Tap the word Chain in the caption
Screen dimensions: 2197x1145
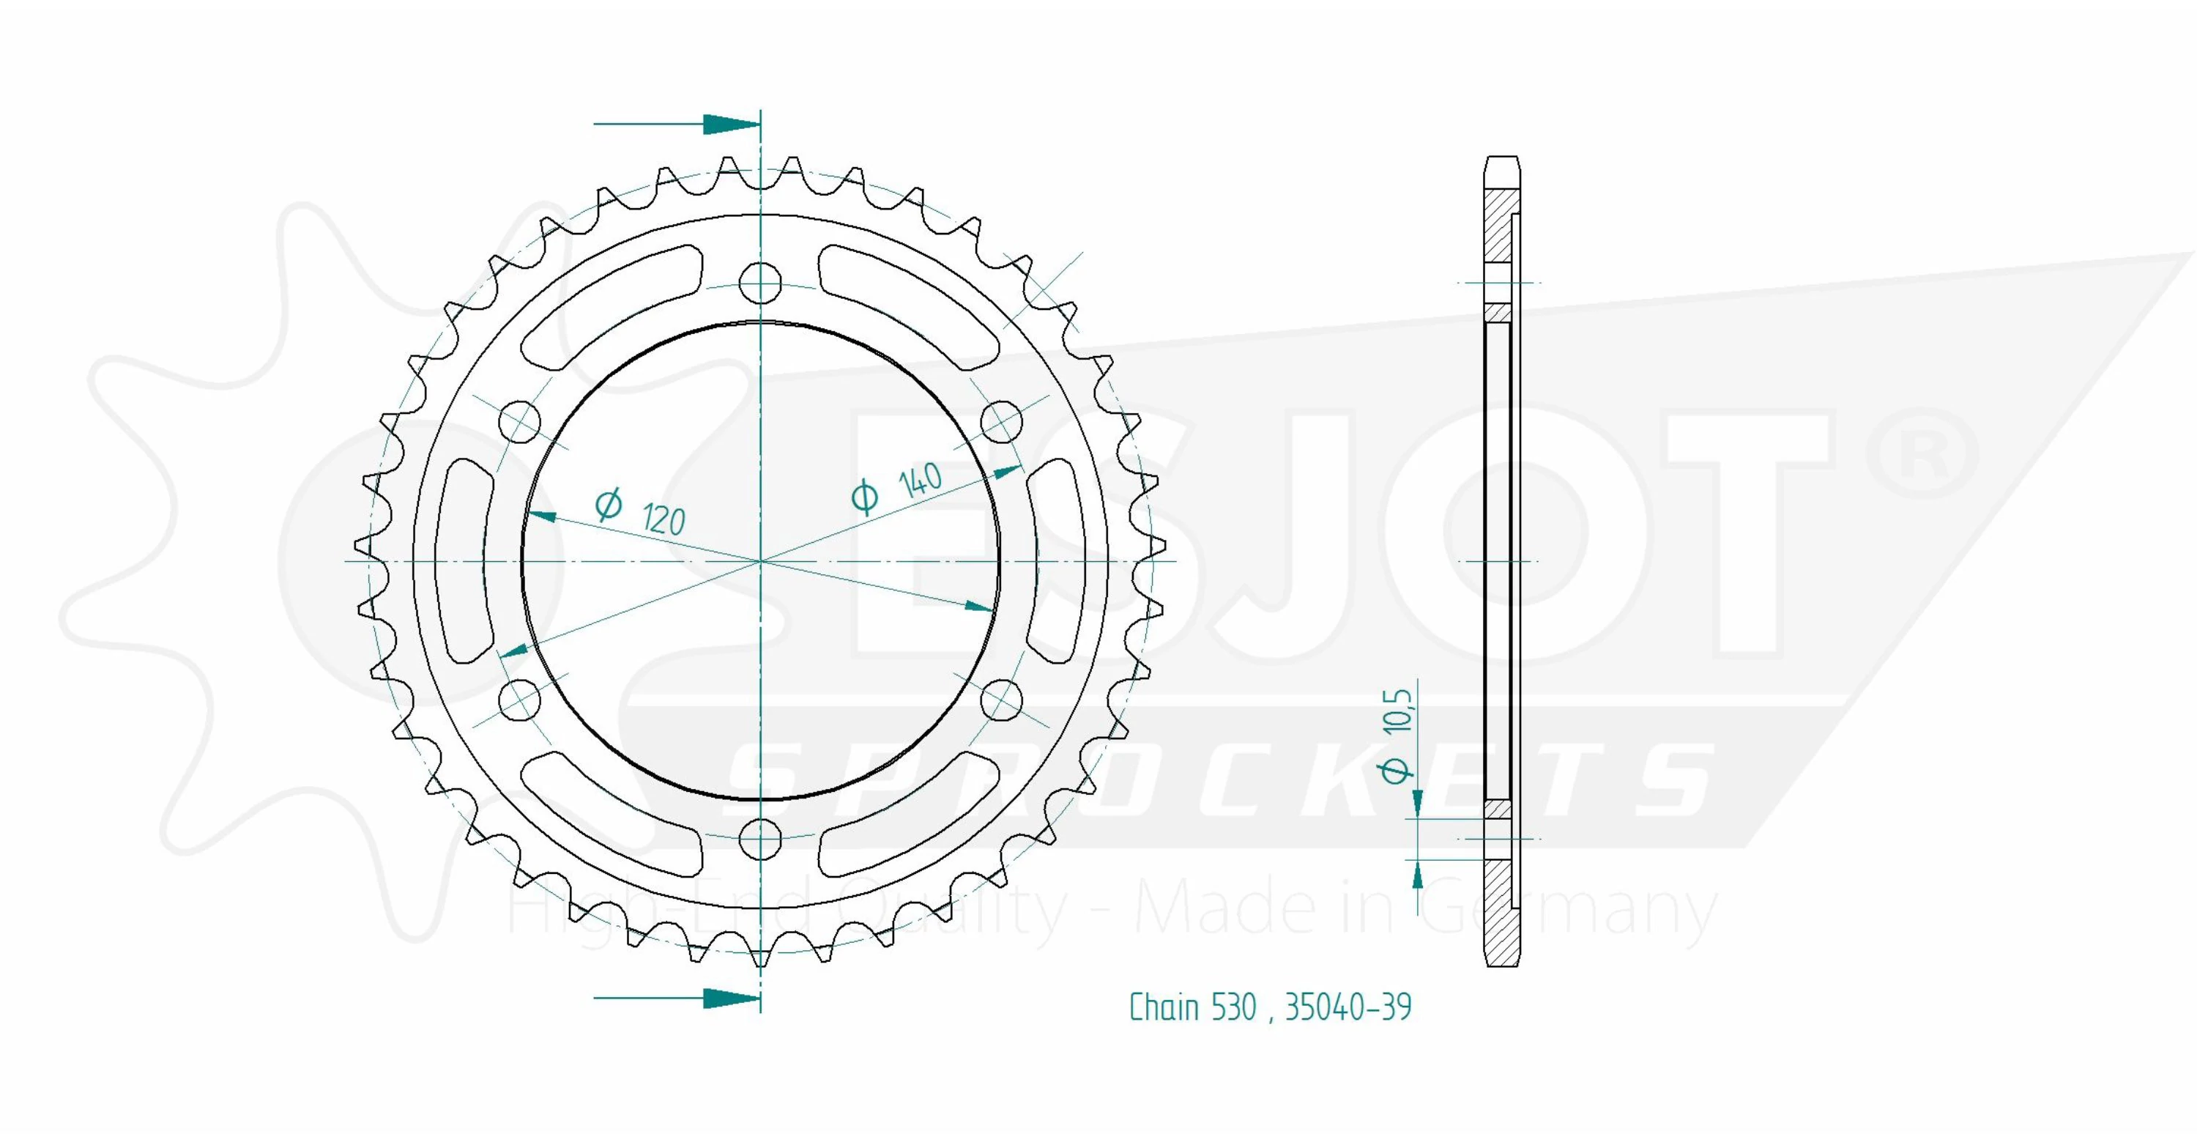tap(1164, 1007)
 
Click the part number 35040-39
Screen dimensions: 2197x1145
tap(1348, 1007)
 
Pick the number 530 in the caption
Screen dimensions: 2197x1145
tap(1233, 1007)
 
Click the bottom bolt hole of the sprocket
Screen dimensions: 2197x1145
tap(760, 840)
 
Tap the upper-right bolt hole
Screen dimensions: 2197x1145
tap(1002, 421)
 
